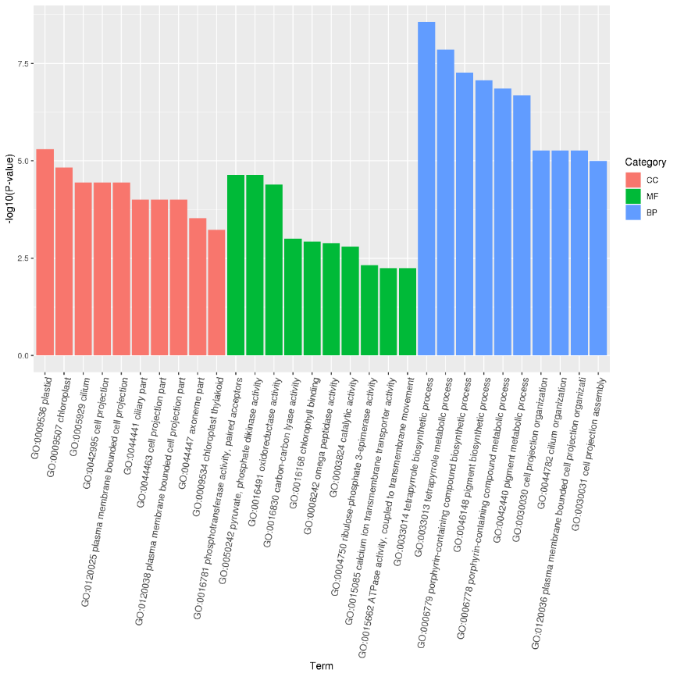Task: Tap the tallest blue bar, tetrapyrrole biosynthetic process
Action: point(426,188)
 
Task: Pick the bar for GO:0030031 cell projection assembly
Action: point(598,258)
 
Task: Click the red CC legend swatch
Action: point(633,180)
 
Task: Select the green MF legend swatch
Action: point(633,196)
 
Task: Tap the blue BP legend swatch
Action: point(633,212)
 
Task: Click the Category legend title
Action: point(645,162)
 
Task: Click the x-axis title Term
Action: point(321,666)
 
